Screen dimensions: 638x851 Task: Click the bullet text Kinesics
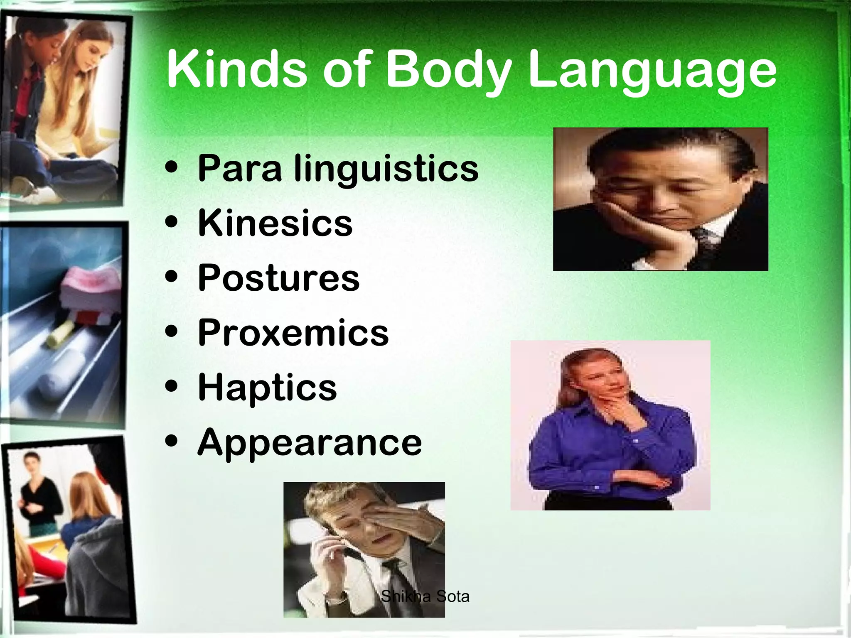pyautogui.click(x=275, y=223)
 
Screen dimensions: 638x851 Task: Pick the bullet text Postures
pyautogui.click(x=278, y=278)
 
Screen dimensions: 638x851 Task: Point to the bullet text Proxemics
pyautogui.click(x=293, y=332)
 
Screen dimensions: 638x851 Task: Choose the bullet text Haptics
pyautogui.click(x=267, y=388)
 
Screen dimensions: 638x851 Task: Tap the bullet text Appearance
pyautogui.click(x=310, y=442)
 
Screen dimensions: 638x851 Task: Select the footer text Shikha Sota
pyautogui.click(x=425, y=596)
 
